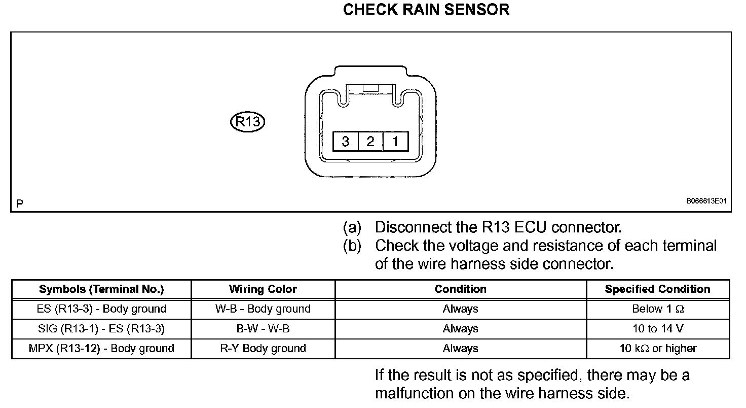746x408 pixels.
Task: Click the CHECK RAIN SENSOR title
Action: click(426, 10)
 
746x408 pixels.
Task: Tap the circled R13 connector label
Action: click(248, 122)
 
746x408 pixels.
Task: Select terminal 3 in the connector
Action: click(345, 141)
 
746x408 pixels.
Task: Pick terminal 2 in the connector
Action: click(370, 141)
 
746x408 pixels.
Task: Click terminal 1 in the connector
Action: click(395, 141)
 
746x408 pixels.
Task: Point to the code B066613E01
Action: click(706, 201)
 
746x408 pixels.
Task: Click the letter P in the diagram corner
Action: click(19, 204)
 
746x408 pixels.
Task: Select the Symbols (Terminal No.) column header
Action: click(101, 289)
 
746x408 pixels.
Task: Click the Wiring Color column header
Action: click(263, 289)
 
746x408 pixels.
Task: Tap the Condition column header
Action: click(460, 289)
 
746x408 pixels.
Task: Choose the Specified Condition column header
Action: click(657, 289)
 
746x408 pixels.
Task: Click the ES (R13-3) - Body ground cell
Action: click(101, 309)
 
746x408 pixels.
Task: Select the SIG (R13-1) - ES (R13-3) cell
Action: click(101, 329)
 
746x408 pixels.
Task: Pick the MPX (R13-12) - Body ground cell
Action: click(101, 349)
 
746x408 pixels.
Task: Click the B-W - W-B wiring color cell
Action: click(263, 329)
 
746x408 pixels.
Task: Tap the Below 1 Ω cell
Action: click(658, 309)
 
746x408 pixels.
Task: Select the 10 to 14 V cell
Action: click(658, 329)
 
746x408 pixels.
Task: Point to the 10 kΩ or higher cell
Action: click(658, 349)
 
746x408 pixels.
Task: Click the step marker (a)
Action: click(352, 227)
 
